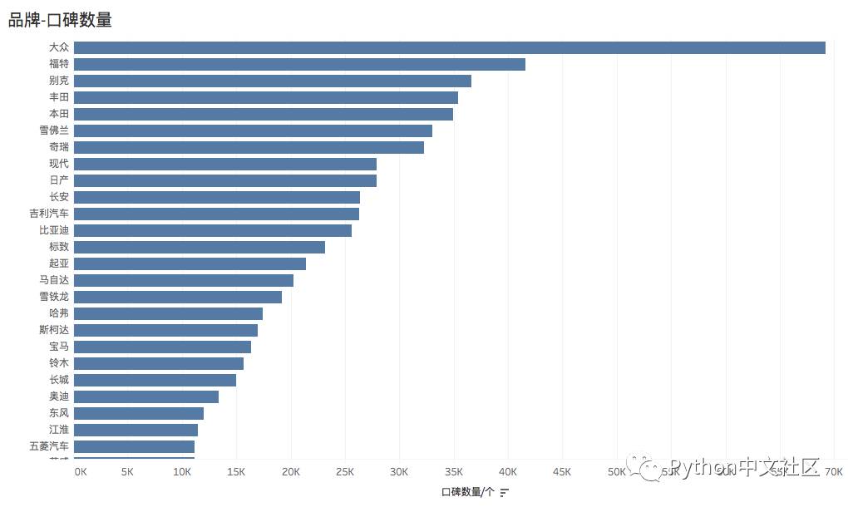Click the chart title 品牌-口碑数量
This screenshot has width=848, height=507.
60,20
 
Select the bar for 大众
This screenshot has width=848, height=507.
449,47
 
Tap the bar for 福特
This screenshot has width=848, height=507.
299,64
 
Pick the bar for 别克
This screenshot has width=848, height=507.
272,81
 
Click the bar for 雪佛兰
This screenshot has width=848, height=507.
253,130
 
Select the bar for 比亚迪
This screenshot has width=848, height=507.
212,230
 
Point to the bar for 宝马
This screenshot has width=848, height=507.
162,347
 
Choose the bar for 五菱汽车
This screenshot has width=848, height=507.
134,446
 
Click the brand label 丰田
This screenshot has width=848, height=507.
59,97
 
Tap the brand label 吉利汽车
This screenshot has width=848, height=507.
49,214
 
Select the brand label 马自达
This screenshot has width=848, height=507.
54,280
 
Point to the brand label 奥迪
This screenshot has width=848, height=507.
59,396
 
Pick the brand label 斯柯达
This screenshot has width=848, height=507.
54,330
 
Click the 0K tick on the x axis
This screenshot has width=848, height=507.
80,472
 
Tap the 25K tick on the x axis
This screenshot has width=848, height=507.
344,472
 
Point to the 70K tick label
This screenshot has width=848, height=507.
833,472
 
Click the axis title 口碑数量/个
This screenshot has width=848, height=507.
467,492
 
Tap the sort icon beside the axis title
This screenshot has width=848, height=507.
504,492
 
